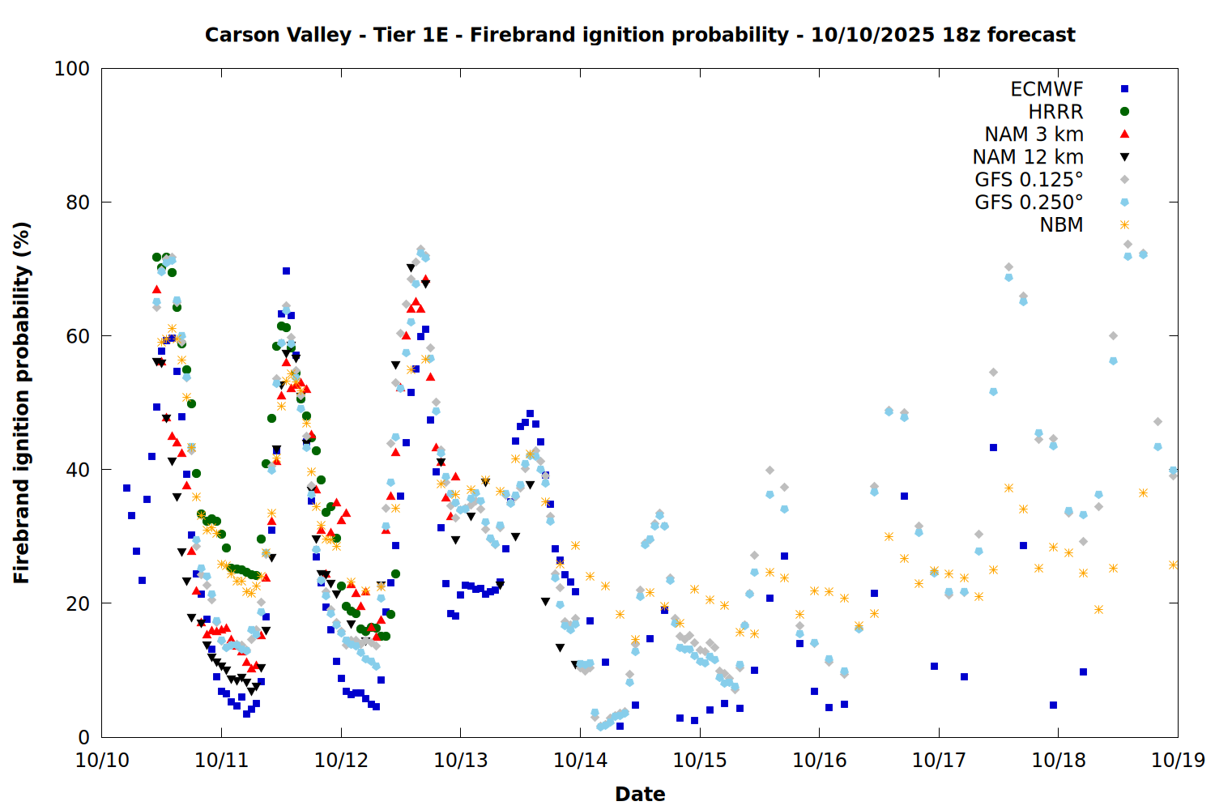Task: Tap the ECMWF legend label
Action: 1047,89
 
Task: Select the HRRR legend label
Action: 1055,112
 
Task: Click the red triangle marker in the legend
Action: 1124,134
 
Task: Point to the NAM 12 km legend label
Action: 1028,157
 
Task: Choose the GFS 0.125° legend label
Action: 1029,180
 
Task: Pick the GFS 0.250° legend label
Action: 1029,202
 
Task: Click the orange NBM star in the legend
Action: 1124,224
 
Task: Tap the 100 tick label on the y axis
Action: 72,69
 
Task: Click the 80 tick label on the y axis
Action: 78,202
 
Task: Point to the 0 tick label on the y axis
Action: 83,737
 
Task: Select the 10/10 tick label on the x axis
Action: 102,761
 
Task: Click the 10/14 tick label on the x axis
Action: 580,761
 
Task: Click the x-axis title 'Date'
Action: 640,794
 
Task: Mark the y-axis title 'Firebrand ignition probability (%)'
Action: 22,403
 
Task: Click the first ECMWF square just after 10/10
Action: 126,488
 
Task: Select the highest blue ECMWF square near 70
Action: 286,271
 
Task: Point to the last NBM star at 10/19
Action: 1173,565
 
